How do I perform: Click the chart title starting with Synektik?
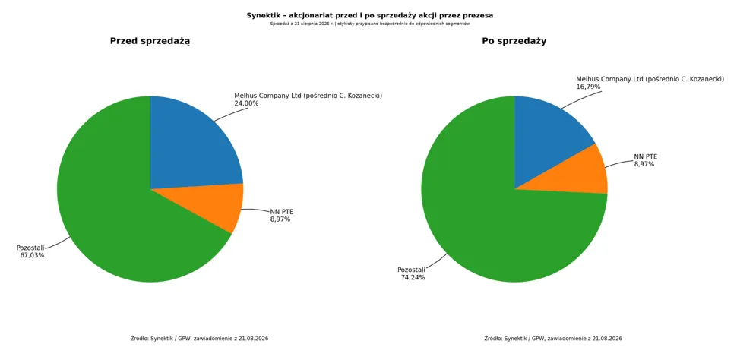click(369, 15)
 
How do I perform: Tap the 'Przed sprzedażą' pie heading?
click(150, 41)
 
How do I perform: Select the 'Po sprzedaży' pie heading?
click(514, 41)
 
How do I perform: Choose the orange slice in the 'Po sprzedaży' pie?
click(580, 174)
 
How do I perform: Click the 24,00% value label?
click(246, 103)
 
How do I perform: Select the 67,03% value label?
click(32, 255)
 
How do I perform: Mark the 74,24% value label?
click(413, 277)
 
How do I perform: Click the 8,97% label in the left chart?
click(280, 219)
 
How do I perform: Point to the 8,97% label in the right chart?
click(644, 164)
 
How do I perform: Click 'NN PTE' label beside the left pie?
click(282, 211)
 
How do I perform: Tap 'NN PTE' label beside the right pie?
click(645, 156)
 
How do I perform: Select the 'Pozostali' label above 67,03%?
click(30, 248)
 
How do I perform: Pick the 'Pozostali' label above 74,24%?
click(411, 270)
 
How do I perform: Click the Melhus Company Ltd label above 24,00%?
click(308, 96)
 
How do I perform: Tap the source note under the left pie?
click(200, 339)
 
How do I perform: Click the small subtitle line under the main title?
click(370, 24)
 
